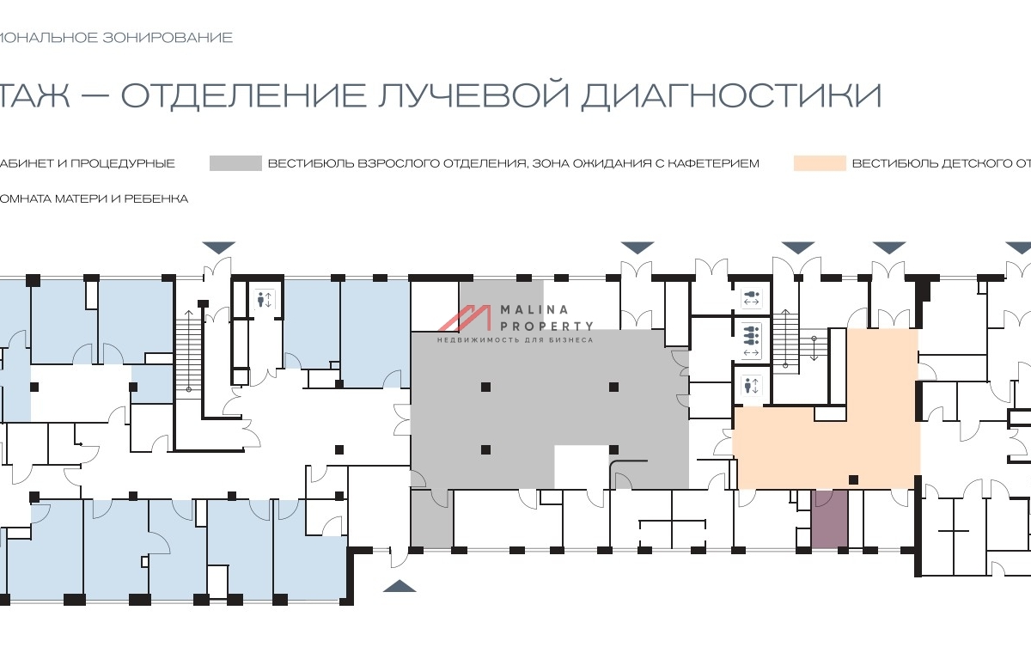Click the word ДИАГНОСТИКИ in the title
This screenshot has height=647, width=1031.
pos(731,95)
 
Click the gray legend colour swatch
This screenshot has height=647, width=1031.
pos(235,163)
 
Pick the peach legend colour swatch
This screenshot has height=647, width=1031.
pos(820,163)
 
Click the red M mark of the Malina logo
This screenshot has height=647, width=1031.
pos(465,318)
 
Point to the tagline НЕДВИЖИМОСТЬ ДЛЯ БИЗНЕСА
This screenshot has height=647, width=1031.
pos(515,340)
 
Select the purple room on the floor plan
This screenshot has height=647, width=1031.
pos(829,519)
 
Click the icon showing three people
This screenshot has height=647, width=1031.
pos(751,331)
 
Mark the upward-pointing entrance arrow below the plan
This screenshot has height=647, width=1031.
pos(399,586)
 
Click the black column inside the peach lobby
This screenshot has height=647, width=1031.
pos(853,479)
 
